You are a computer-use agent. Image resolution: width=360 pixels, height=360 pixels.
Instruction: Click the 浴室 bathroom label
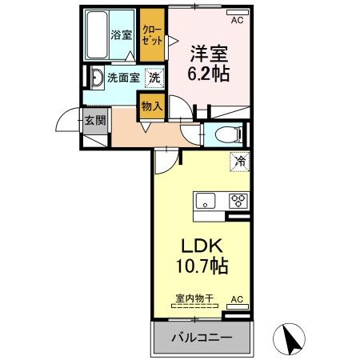click(122, 34)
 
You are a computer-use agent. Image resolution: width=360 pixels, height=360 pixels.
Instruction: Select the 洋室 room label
click(209, 54)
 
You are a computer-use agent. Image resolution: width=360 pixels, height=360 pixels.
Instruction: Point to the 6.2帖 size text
click(208, 74)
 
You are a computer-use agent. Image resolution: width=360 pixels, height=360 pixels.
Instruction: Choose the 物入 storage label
click(151, 104)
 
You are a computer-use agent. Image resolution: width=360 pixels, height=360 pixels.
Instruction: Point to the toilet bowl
click(225, 134)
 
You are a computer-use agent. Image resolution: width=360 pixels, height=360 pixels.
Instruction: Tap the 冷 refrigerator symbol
click(239, 162)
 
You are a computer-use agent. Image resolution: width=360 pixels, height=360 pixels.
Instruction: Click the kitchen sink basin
click(204, 202)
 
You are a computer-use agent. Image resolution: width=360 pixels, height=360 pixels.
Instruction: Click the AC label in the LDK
click(237, 299)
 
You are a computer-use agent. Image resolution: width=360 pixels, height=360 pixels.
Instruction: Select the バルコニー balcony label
click(202, 338)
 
